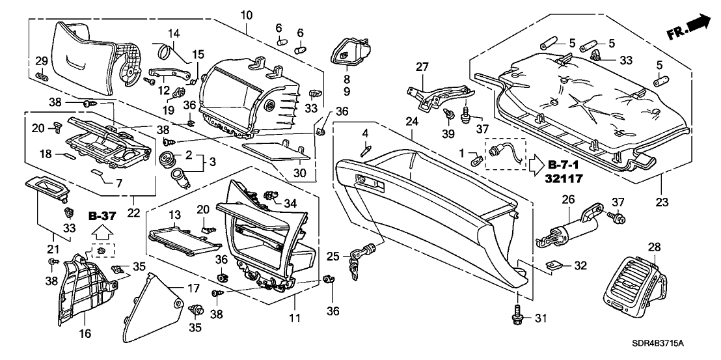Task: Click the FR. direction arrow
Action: [689, 27]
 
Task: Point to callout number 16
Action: [85, 334]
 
